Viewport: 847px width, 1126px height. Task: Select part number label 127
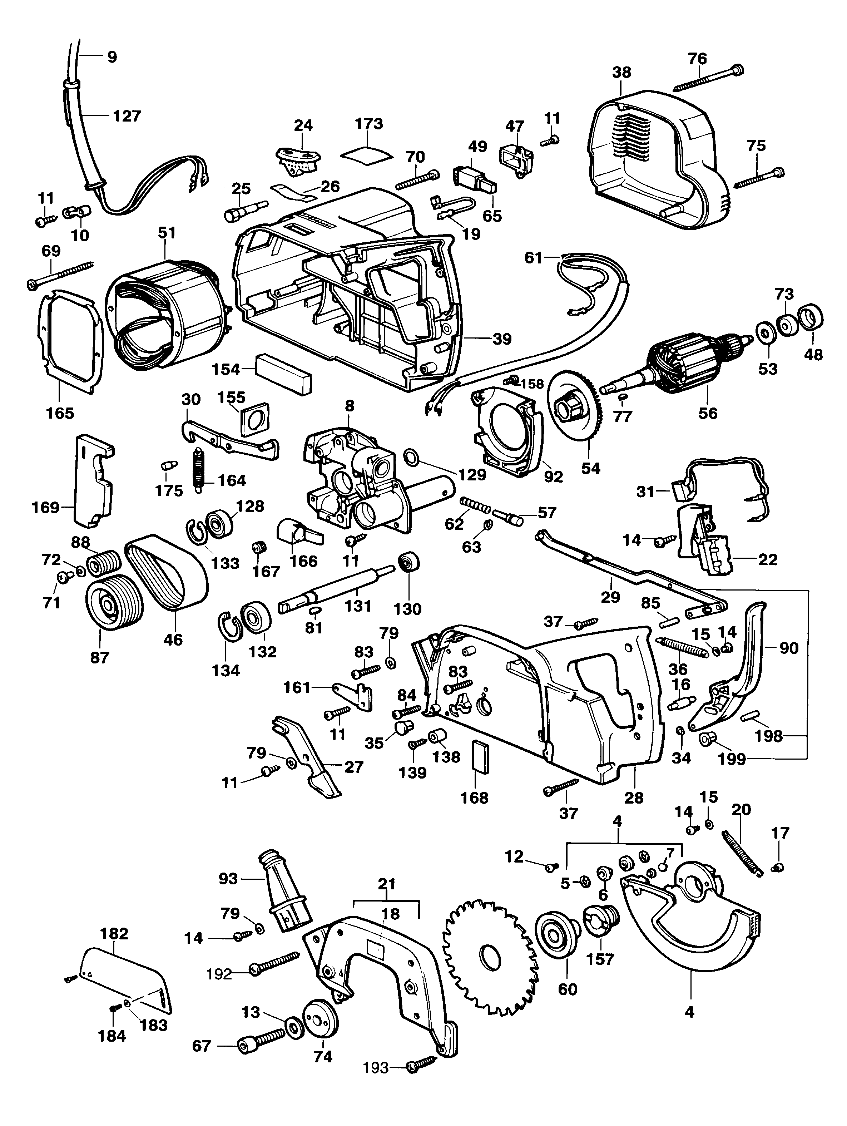click(127, 116)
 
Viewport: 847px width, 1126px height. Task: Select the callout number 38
click(621, 72)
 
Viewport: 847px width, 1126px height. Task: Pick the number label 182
click(114, 934)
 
